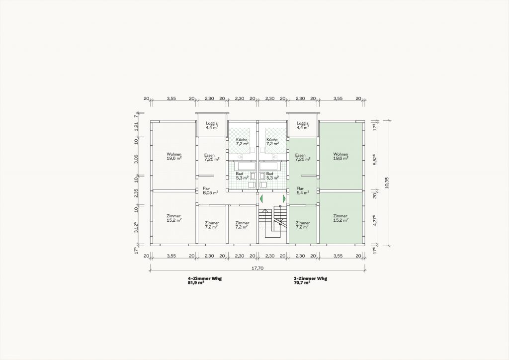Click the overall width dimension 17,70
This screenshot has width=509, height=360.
point(257,268)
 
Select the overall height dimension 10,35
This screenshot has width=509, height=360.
point(386,182)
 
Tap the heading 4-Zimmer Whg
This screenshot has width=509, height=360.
point(204,278)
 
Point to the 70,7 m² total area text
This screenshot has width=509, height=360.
point(302,283)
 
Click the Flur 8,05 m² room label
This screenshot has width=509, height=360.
point(210,190)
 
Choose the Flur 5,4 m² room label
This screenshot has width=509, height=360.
point(303,190)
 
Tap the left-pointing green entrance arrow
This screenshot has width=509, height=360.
point(261,198)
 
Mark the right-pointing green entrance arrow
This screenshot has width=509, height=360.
point(284,198)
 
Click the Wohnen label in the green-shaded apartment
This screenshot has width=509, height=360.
point(340,154)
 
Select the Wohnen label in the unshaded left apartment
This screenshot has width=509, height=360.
point(174,154)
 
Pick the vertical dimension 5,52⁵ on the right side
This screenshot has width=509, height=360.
point(375,160)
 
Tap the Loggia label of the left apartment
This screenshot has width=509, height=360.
point(212,123)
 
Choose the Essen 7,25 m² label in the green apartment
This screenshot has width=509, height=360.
point(303,158)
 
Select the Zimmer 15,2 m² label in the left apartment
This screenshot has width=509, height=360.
point(174,218)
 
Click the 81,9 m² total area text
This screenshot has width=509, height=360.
point(196,283)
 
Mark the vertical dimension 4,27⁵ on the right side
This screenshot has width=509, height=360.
point(375,220)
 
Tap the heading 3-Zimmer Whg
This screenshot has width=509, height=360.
point(310,278)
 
